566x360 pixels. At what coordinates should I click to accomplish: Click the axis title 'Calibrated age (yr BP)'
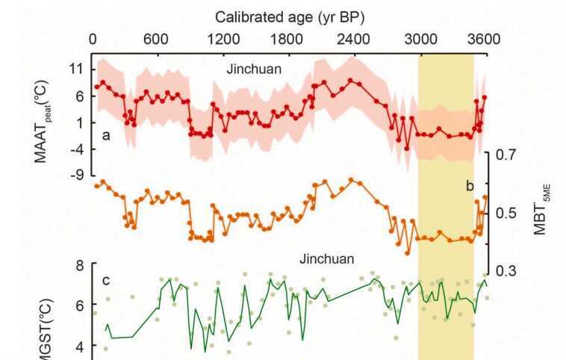point(290,16)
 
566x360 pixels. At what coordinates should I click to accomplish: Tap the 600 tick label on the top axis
point(155,39)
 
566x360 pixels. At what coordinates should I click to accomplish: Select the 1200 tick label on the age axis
point(221,39)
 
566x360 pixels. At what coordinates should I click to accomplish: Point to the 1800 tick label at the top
point(287,39)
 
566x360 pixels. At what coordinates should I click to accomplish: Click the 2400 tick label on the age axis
point(352,39)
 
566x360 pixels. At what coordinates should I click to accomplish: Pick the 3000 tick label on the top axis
point(419,39)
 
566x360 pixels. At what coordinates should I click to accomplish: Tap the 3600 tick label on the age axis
point(484,39)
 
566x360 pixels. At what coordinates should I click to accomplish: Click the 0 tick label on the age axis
point(93,39)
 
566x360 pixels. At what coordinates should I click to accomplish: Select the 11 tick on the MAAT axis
point(76,69)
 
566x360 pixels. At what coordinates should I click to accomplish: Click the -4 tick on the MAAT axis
point(76,149)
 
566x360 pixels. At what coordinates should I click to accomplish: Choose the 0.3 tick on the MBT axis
point(506,271)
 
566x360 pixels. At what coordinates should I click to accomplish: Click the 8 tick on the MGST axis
point(78,265)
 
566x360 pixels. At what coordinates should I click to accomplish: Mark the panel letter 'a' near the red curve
point(107,135)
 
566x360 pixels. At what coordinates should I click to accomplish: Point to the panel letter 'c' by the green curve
point(106,281)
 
